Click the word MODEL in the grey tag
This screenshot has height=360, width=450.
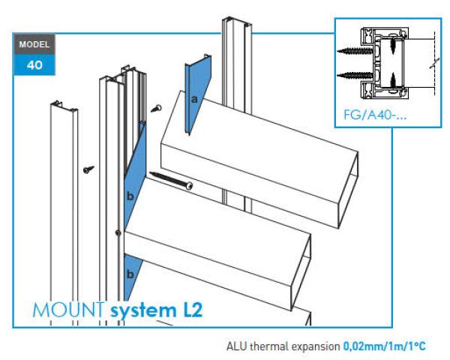[35, 44]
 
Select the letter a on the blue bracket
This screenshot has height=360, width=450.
[193, 98]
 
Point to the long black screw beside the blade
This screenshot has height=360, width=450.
[172, 180]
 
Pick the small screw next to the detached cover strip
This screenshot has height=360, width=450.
[88, 169]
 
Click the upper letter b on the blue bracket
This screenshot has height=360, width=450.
[130, 196]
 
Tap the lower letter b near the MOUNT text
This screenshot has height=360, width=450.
[130, 275]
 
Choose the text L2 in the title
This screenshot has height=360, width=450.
[190, 310]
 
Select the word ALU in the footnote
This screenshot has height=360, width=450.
[236, 347]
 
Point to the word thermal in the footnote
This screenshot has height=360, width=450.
[269, 347]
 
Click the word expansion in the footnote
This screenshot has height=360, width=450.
[317, 347]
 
